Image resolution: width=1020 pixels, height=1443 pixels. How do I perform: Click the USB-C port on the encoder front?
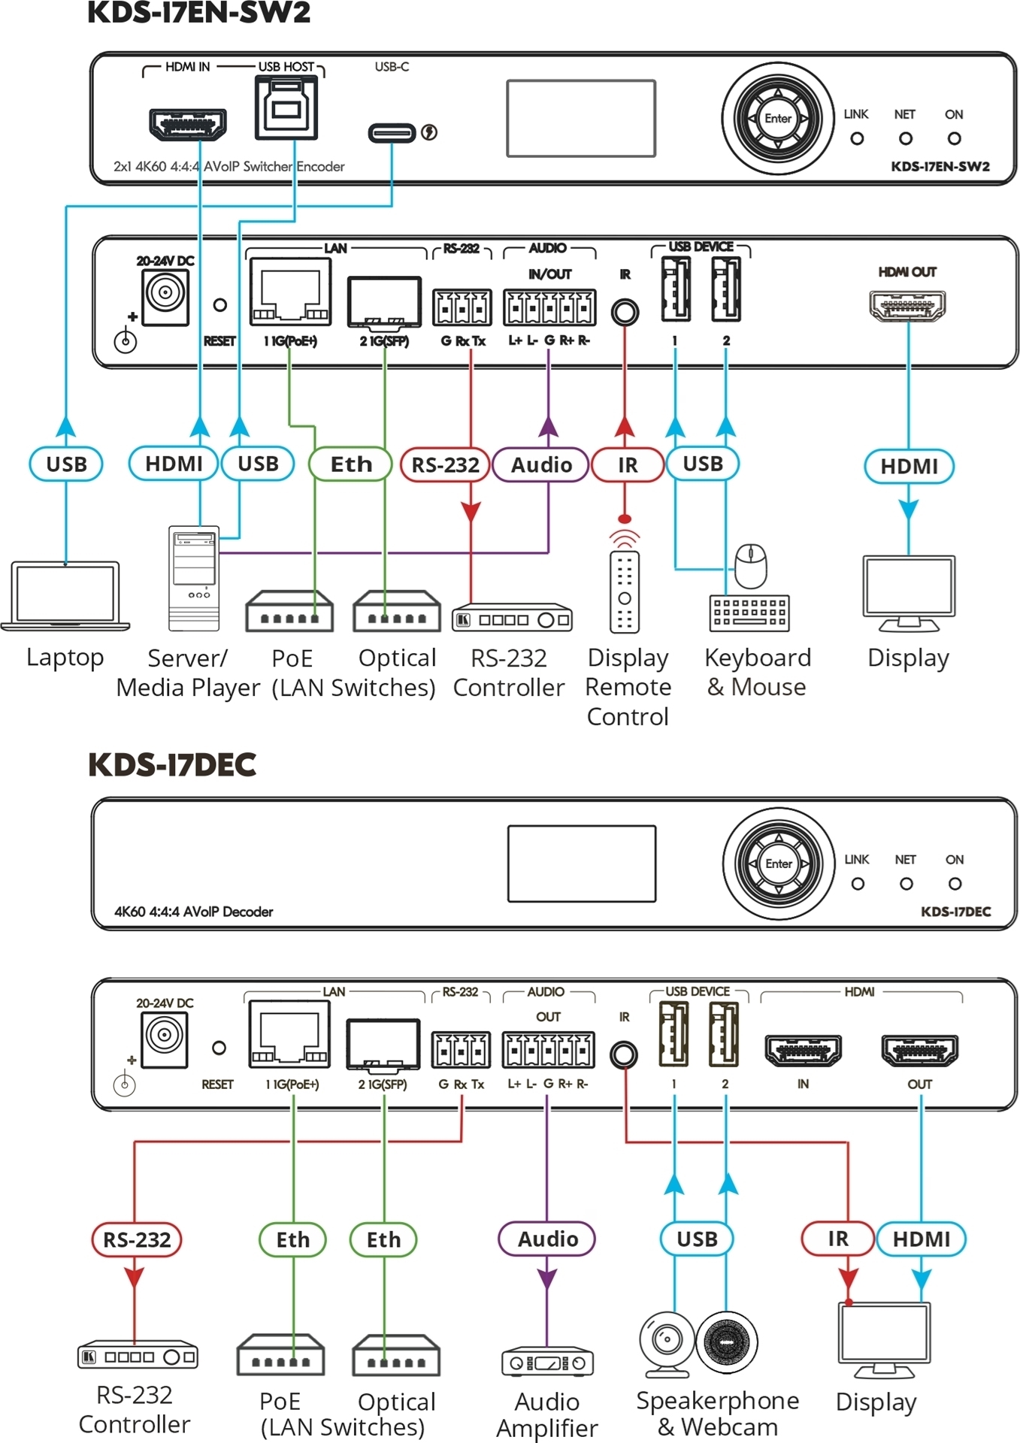point(392,133)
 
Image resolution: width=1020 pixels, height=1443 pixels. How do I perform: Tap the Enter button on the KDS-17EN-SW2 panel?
point(778,119)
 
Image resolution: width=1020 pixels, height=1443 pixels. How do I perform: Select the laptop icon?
point(65,596)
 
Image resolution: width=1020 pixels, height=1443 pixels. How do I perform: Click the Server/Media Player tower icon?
point(194,578)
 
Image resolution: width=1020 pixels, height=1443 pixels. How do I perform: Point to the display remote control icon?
point(625,591)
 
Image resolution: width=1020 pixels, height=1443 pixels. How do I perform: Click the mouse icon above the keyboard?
point(750,566)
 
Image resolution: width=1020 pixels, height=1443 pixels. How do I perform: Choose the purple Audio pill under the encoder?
point(540,465)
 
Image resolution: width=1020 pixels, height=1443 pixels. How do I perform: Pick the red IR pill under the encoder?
point(628,465)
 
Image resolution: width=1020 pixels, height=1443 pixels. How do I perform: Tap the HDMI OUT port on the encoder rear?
point(907,305)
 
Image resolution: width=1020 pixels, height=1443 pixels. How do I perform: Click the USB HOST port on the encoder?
point(286,110)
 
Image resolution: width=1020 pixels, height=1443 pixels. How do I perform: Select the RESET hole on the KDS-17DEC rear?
point(219,1048)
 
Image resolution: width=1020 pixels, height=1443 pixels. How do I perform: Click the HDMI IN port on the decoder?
point(803,1050)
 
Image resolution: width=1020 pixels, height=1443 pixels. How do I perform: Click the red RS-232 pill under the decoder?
point(137,1239)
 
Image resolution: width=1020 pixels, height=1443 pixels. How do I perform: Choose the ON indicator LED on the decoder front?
point(955,884)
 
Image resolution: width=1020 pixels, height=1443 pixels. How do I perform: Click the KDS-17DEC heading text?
point(172,765)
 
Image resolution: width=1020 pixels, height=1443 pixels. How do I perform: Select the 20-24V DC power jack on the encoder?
point(165,294)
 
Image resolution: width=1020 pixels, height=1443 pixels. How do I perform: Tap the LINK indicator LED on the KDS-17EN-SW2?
point(856,139)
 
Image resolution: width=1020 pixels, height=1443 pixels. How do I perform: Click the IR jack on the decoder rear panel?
point(623,1054)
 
